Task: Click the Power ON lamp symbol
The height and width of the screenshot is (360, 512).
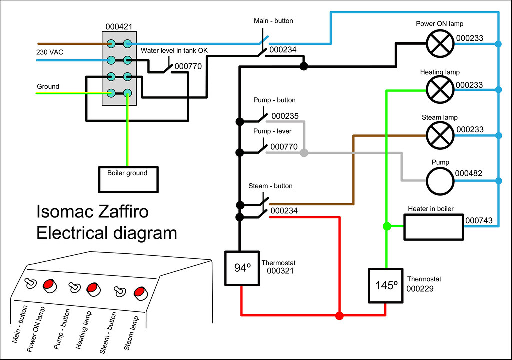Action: tap(440, 44)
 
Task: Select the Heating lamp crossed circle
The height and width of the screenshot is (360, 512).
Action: tap(440, 90)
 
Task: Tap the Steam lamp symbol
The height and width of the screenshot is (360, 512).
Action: tap(440, 135)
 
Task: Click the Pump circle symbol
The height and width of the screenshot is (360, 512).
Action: tap(440, 180)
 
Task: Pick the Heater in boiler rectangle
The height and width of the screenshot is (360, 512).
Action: tap(434, 227)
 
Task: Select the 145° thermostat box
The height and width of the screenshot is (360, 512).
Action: tap(386, 285)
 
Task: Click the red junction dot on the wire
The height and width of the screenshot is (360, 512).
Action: tap(339, 315)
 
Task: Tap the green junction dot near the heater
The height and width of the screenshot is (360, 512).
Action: tap(386, 226)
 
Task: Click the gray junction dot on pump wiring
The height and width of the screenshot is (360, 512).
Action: tap(304, 153)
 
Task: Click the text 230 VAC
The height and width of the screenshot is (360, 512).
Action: tap(50, 51)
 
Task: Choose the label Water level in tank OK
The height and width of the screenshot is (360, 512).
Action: tap(174, 51)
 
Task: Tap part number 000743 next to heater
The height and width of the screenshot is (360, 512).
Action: tap(479, 220)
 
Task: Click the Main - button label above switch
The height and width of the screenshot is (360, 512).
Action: tap(273, 21)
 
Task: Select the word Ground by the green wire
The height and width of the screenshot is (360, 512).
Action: tap(48, 86)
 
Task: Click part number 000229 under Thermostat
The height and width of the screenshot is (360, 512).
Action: tap(420, 288)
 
